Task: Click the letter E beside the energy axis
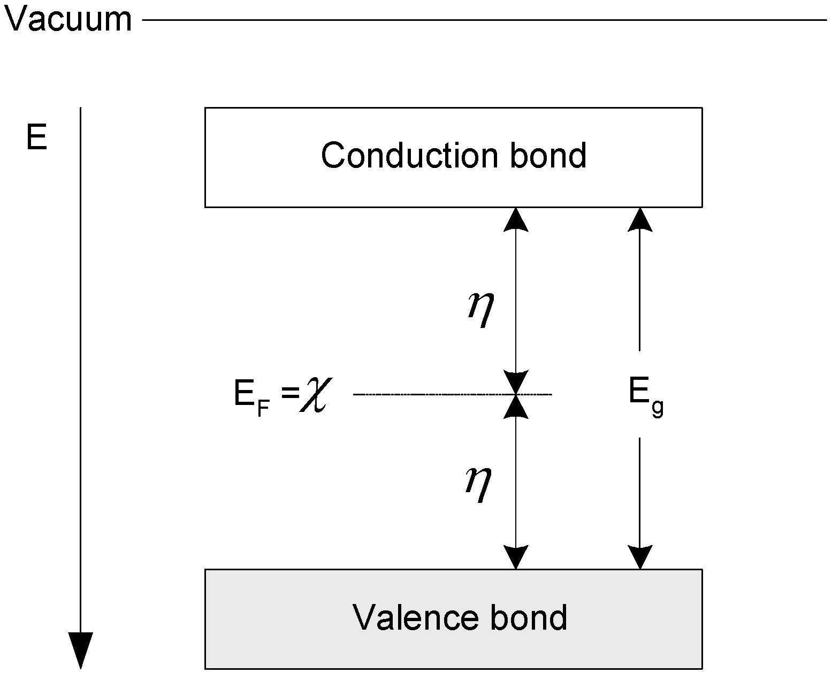click(37, 139)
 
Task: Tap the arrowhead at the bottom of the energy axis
click(80, 649)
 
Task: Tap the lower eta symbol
click(478, 484)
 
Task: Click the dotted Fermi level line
click(428, 395)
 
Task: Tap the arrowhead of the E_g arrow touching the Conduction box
click(640, 219)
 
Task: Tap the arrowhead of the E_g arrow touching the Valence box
click(640, 557)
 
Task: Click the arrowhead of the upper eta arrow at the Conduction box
click(516, 219)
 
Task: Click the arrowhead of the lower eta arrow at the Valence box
click(516, 557)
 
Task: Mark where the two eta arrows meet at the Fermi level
click(516, 395)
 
